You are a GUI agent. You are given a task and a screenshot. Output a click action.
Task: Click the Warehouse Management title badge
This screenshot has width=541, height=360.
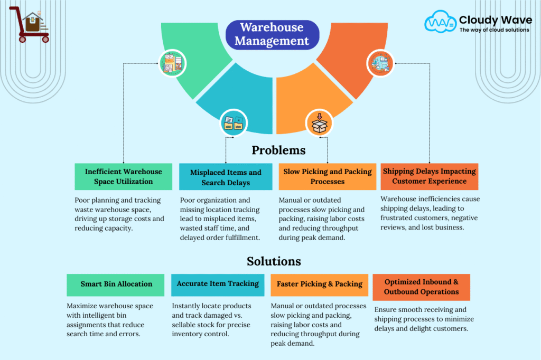click(272, 34)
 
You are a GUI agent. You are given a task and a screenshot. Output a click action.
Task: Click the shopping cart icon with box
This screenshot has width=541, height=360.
click(30, 24)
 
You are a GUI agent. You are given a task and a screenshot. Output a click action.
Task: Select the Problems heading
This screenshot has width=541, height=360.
click(278, 150)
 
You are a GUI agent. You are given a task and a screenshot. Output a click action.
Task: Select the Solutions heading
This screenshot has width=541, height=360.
click(274, 261)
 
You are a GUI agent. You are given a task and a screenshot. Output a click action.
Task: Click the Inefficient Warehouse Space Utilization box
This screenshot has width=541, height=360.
click(123, 176)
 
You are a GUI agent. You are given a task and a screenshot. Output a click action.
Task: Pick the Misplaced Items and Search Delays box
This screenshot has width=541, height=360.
click(226, 176)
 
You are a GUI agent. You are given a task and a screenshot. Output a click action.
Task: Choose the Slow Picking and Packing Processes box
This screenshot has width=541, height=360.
click(328, 176)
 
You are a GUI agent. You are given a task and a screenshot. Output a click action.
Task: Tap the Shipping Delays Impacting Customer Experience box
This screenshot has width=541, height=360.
click(429, 176)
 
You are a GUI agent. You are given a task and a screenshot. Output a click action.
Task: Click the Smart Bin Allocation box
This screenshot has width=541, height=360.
click(116, 285)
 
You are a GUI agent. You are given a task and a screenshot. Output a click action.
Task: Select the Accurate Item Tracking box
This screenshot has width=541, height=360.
click(218, 285)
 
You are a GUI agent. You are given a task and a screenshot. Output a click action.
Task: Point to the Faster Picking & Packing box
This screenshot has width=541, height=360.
click(320, 285)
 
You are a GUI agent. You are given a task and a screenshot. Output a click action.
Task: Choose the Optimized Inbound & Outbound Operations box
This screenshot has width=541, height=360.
click(421, 287)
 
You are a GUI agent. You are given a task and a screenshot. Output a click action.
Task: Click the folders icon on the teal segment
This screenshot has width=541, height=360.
click(234, 123)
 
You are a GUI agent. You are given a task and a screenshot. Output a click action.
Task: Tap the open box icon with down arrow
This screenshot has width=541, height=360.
click(320, 123)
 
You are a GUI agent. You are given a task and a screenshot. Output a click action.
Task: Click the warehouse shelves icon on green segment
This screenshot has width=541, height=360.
click(173, 63)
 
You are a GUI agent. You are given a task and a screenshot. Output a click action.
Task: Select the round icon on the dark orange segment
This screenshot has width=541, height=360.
click(380, 63)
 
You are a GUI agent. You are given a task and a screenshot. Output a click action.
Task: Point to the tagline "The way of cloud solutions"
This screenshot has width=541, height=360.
click(494, 30)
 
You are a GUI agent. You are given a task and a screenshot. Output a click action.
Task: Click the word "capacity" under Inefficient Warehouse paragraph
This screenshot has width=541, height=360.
click(118, 229)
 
